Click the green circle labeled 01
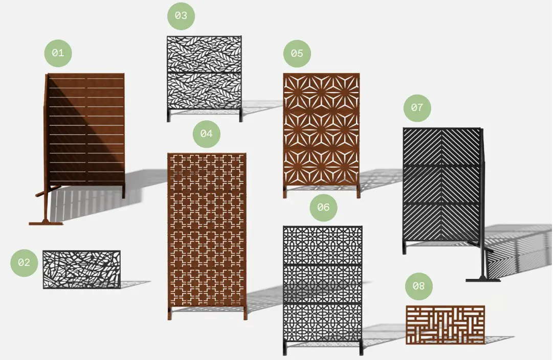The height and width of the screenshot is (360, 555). (x=58, y=53)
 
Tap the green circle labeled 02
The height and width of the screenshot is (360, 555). (x=24, y=263)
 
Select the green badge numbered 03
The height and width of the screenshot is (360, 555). (x=181, y=16)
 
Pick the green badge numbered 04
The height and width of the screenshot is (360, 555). (x=206, y=134)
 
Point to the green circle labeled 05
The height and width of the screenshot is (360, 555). (x=297, y=54)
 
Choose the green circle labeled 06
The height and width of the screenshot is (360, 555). (x=323, y=208)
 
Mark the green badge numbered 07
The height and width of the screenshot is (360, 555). (x=417, y=108)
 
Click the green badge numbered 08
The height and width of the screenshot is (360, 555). (x=419, y=286)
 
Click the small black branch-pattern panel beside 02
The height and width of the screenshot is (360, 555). (x=82, y=269)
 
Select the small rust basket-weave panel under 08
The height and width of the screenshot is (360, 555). (x=445, y=325)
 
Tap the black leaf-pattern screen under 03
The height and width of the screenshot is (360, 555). (x=204, y=73)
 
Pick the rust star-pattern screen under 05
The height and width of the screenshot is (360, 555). (x=321, y=129)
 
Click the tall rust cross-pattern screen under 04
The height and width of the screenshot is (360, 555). (x=207, y=230)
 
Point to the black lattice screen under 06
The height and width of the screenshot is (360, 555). (x=323, y=284)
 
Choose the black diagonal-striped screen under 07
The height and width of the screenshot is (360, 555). (x=442, y=185)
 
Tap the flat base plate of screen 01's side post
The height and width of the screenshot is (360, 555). (x=46, y=223)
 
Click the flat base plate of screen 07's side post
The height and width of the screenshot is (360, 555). (x=483, y=280)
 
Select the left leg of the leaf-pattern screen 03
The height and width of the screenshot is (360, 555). (x=169, y=116)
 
